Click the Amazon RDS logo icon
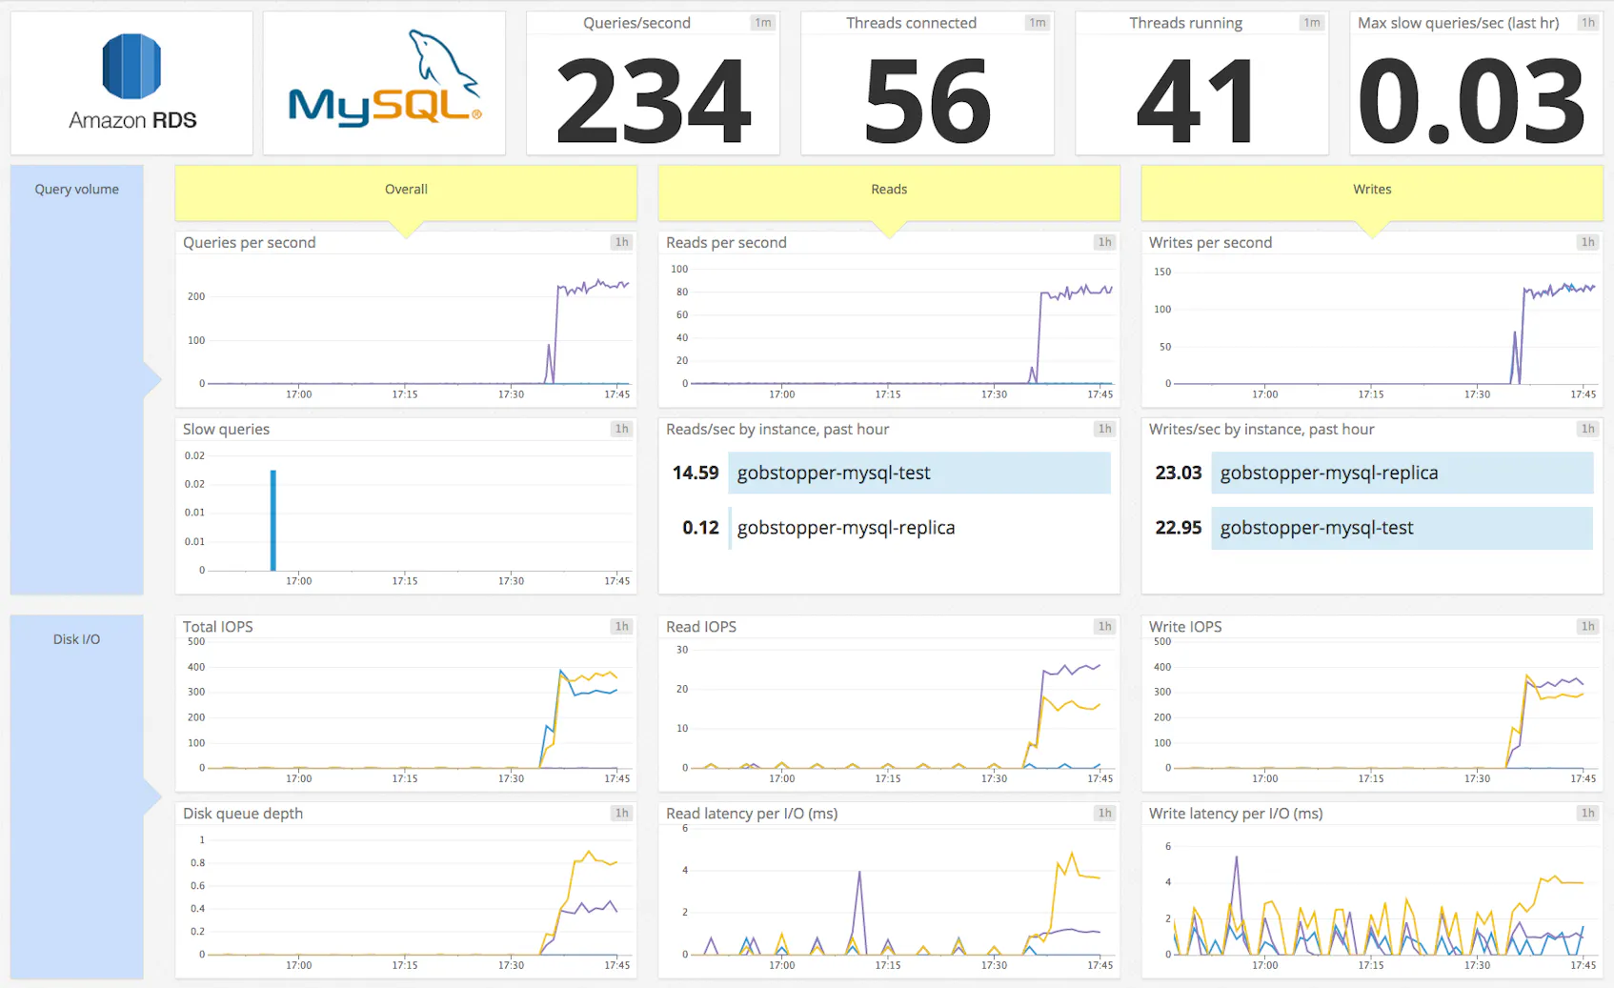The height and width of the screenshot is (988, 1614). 131,67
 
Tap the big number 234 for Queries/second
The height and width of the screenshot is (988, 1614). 654,100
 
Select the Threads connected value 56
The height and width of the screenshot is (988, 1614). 927,100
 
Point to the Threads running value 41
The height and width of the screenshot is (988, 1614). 1197,100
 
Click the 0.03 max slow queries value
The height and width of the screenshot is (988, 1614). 1471,100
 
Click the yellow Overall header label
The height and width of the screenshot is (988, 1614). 406,190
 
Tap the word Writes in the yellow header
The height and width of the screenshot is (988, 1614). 1372,190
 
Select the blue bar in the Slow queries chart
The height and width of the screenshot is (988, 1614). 273,519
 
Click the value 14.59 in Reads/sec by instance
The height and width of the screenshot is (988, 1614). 696,473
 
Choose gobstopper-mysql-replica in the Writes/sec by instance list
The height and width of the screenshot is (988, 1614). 1328,473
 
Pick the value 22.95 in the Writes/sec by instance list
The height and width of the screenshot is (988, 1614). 1179,528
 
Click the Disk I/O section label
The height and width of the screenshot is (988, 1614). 76,639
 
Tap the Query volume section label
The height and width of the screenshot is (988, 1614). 76,190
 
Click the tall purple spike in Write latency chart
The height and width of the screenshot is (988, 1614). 1237,862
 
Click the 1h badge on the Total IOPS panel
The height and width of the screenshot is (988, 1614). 621,626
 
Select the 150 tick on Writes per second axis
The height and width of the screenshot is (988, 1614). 1162,272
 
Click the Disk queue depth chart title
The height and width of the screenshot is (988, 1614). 243,814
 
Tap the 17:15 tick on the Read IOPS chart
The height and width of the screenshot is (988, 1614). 888,778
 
